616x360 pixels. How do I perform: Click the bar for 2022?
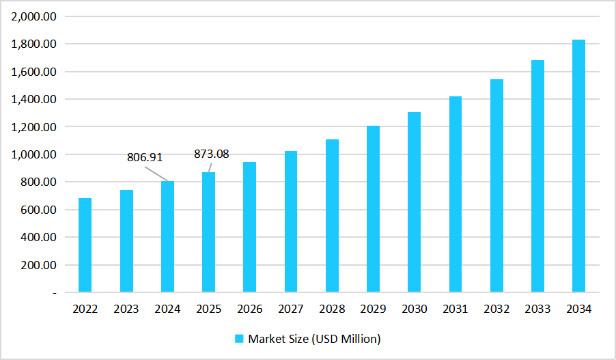[85, 245]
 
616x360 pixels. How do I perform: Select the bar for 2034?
[579, 166]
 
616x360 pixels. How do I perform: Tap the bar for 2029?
[374, 209]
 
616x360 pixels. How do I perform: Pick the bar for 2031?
[456, 195]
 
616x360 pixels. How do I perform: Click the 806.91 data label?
[145, 157]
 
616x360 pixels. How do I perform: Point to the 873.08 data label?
[212, 154]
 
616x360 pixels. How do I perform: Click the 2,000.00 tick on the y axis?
[34, 16]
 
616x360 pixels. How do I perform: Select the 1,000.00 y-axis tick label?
[34, 154]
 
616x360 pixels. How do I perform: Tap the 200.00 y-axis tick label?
[38, 265]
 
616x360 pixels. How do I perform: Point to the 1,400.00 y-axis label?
[34, 99]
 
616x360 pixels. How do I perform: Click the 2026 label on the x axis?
[250, 309]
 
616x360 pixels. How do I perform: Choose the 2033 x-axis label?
[537, 309]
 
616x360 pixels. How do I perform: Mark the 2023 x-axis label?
[126, 309]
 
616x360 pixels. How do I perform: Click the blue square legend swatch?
[239, 339]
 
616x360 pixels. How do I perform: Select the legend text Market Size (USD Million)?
[314, 339]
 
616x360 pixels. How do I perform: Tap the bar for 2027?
[291, 222]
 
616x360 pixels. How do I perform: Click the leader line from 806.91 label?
[156, 173]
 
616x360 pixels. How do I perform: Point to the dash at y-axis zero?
[54, 293]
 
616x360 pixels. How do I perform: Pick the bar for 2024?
[167, 237]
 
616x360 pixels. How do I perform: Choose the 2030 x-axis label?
[415, 309]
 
